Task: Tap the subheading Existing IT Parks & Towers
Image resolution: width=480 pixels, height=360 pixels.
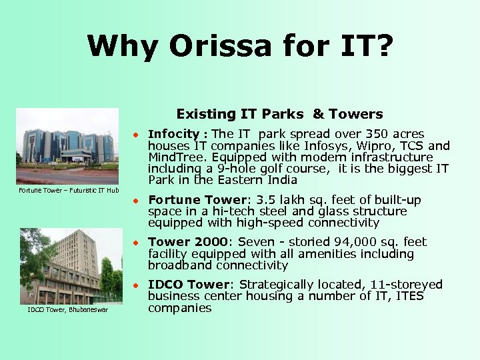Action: (279, 114)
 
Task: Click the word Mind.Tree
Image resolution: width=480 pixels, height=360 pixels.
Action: (175, 157)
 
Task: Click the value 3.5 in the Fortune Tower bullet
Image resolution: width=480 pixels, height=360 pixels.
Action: (263, 199)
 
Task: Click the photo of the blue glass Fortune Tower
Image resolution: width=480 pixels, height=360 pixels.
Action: (67, 146)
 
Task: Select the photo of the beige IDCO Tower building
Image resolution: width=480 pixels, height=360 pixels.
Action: (71, 266)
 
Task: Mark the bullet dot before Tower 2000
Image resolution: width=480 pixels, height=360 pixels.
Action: (134, 243)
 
